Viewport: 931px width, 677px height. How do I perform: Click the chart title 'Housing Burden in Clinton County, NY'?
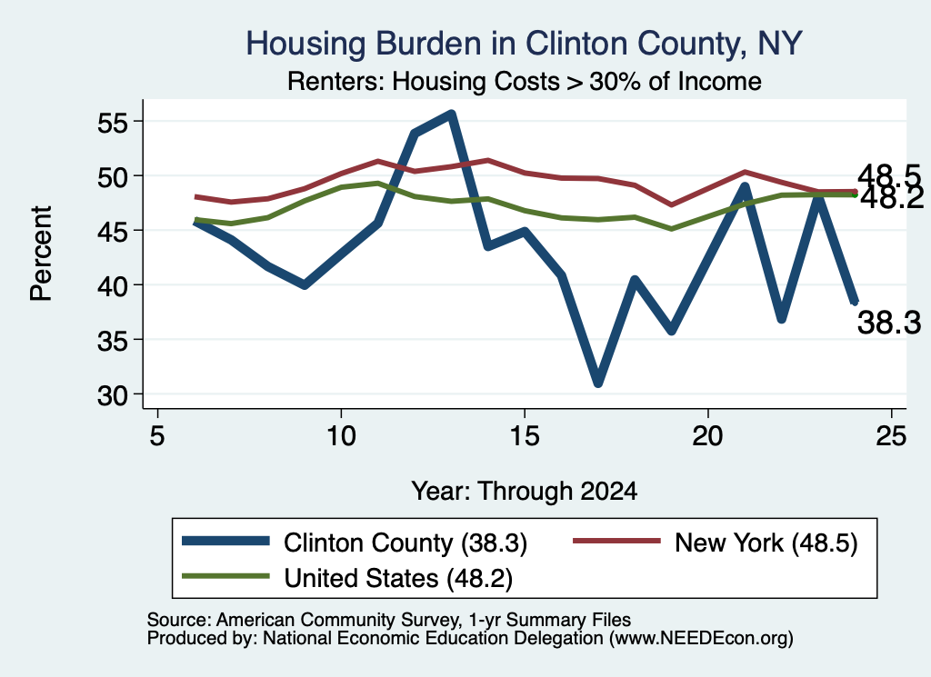[524, 44]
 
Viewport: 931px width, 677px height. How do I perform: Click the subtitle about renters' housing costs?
[525, 81]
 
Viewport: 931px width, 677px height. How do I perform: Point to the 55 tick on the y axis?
[113, 123]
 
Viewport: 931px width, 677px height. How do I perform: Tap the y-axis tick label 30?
[113, 395]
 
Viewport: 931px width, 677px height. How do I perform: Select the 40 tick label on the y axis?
[113, 286]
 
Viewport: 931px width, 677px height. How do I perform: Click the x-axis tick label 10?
[341, 437]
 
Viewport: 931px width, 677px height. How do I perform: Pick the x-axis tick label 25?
[891, 437]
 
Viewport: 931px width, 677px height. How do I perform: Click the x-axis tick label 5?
[156, 437]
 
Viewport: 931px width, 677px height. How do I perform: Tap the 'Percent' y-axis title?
[41, 254]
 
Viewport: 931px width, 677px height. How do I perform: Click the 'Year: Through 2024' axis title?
[525, 492]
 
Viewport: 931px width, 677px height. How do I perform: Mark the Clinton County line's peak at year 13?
[451, 114]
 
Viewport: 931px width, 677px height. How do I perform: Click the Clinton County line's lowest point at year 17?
[598, 383]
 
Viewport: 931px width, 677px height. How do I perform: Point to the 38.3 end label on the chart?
[889, 324]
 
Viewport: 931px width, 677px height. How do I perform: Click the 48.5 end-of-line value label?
[889, 176]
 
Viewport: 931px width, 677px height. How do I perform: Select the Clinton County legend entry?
[355, 543]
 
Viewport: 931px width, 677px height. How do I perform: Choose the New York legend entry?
[715, 543]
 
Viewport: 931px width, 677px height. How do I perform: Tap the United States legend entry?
[346, 578]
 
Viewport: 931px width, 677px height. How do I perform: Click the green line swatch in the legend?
[225, 576]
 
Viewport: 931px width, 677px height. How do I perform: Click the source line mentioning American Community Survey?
[389, 620]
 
